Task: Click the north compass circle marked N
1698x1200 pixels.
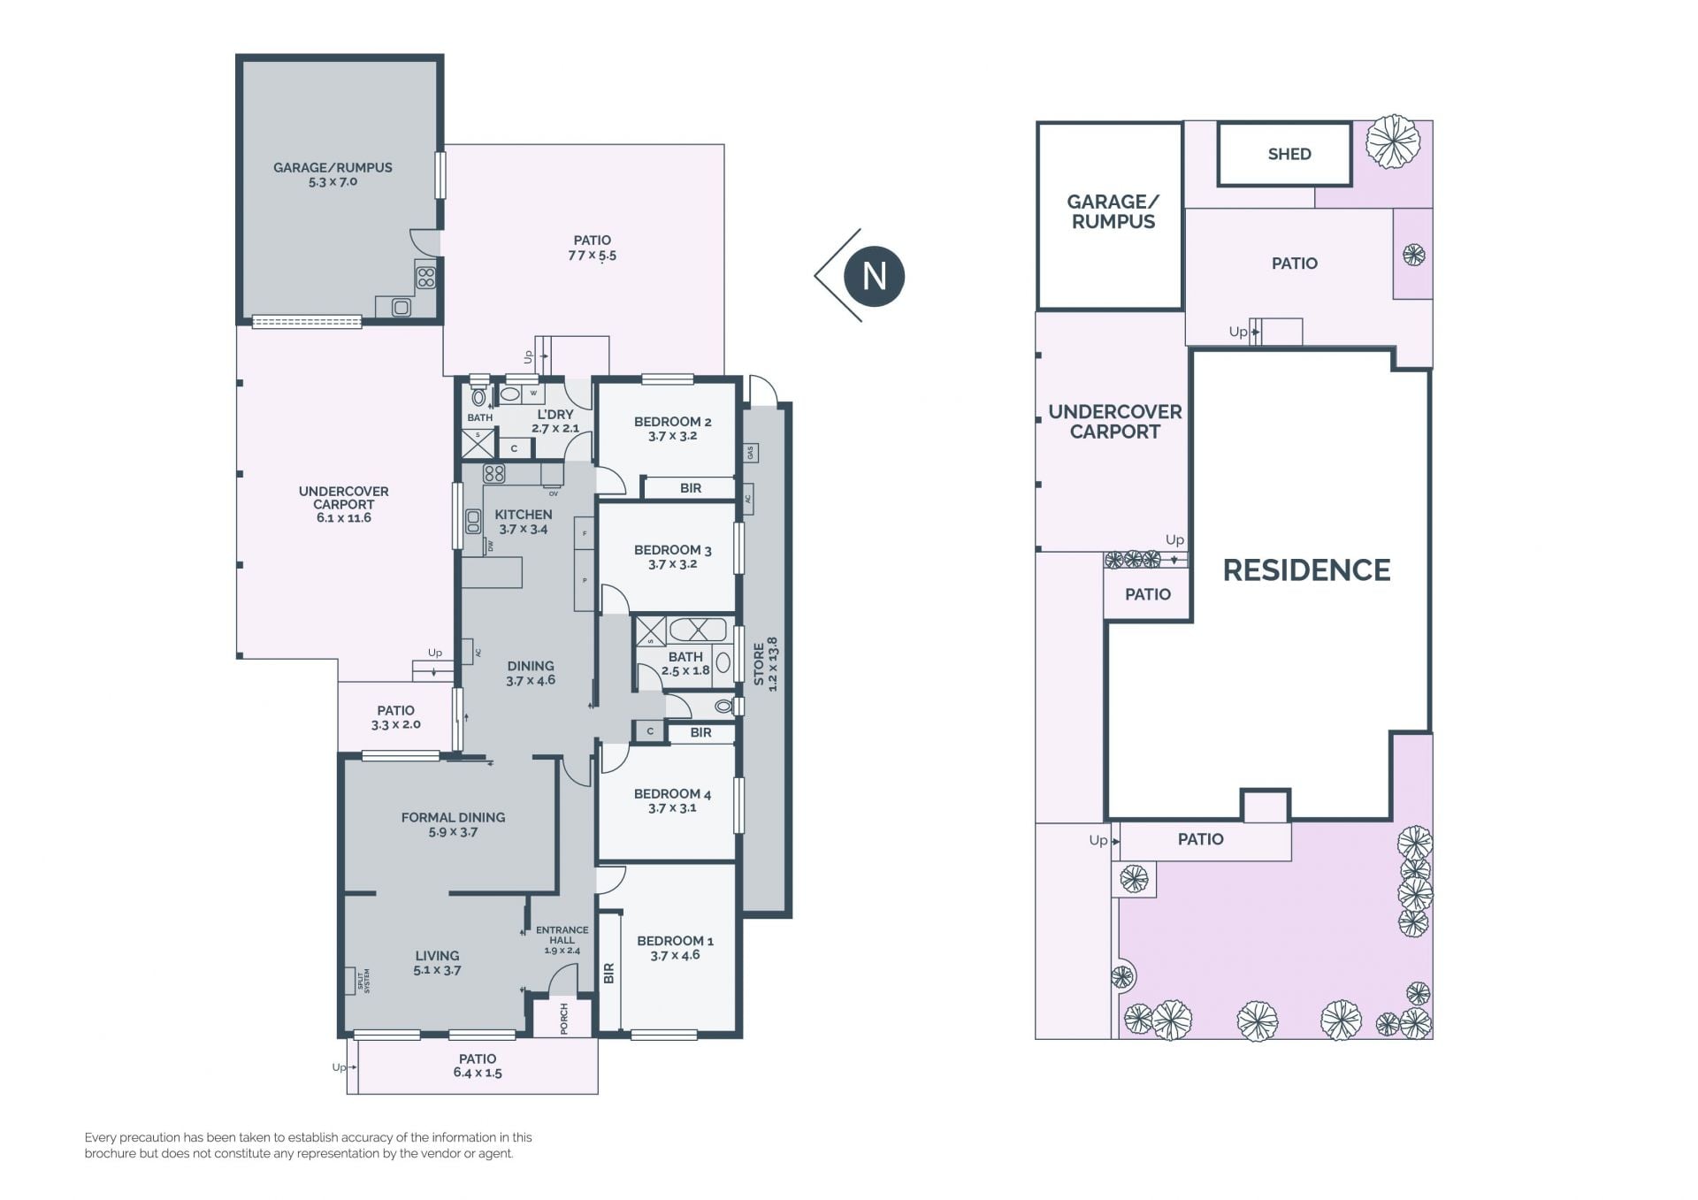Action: [874, 276]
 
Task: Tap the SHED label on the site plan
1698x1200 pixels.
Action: [1289, 154]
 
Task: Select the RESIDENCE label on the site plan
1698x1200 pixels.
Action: [1306, 570]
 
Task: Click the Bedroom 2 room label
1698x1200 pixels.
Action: [672, 422]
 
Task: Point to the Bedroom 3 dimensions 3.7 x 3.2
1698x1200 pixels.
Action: [672, 564]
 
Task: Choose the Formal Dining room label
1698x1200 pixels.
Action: [453, 818]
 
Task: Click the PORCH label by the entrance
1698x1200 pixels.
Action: [564, 1019]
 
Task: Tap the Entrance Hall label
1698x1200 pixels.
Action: [562, 935]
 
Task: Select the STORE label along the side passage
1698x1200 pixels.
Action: [759, 664]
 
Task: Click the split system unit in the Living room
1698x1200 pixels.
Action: [350, 981]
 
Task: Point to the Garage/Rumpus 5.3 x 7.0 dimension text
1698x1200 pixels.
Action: [333, 182]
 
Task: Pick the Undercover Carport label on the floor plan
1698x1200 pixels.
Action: [344, 498]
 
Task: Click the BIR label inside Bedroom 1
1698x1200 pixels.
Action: [608, 974]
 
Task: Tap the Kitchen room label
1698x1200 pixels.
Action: [524, 515]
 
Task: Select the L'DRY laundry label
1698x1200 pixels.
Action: [555, 415]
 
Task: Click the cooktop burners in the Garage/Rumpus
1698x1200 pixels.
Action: [426, 278]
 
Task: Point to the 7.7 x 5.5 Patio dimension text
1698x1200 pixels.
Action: [592, 256]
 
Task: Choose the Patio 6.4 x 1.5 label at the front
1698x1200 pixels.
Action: [478, 1066]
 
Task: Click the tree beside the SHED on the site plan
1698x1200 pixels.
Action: [1393, 141]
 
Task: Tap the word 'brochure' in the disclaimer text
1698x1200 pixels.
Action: [112, 1154]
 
